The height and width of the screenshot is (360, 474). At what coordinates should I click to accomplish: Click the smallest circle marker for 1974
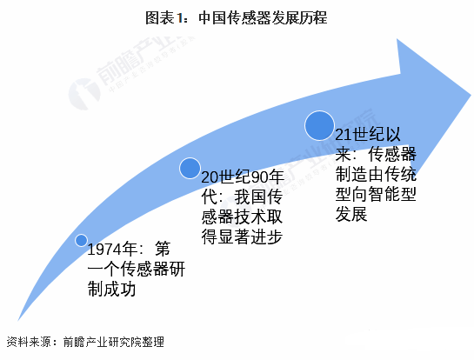(x=81, y=240)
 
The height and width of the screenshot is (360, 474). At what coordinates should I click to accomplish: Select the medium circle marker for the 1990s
(x=190, y=168)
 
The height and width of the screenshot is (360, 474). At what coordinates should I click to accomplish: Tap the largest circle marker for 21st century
(x=319, y=125)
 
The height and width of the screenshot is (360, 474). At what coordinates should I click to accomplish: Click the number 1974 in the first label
(x=104, y=250)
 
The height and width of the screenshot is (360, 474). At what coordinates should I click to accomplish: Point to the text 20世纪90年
(x=243, y=177)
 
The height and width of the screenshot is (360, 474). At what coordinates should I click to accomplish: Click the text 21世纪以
(x=368, y=134)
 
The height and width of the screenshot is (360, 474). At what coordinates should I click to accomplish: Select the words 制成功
(x=111, y=289)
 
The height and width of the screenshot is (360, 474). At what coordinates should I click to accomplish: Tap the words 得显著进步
(x=242, y=237)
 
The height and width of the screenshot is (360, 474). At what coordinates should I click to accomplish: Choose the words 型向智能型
(x=376, y=194)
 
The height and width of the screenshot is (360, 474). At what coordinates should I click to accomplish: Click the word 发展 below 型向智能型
(x=351, y=214)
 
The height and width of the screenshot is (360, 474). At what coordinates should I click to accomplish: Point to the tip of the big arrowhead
(x=471, y=95)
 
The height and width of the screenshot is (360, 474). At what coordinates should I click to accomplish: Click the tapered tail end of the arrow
(x=18, y=320)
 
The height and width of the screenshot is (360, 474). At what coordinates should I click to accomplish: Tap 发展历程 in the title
(x=299, y=18)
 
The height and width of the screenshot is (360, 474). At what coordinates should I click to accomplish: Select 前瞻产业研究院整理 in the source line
(x=113, y=342)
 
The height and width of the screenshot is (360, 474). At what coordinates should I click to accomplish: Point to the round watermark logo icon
(x=84, y=94)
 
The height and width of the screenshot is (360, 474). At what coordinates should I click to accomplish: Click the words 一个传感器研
(x=136, y=269)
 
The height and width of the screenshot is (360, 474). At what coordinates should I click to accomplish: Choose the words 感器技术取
(x=242, y=217)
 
